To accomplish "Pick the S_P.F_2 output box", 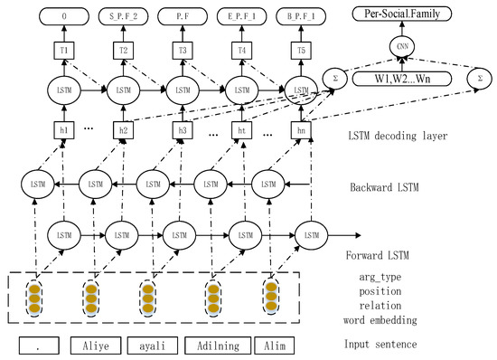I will pyautogui.click(x=124, y=15).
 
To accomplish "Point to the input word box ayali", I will pyautogui.click(x=151, y=346).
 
